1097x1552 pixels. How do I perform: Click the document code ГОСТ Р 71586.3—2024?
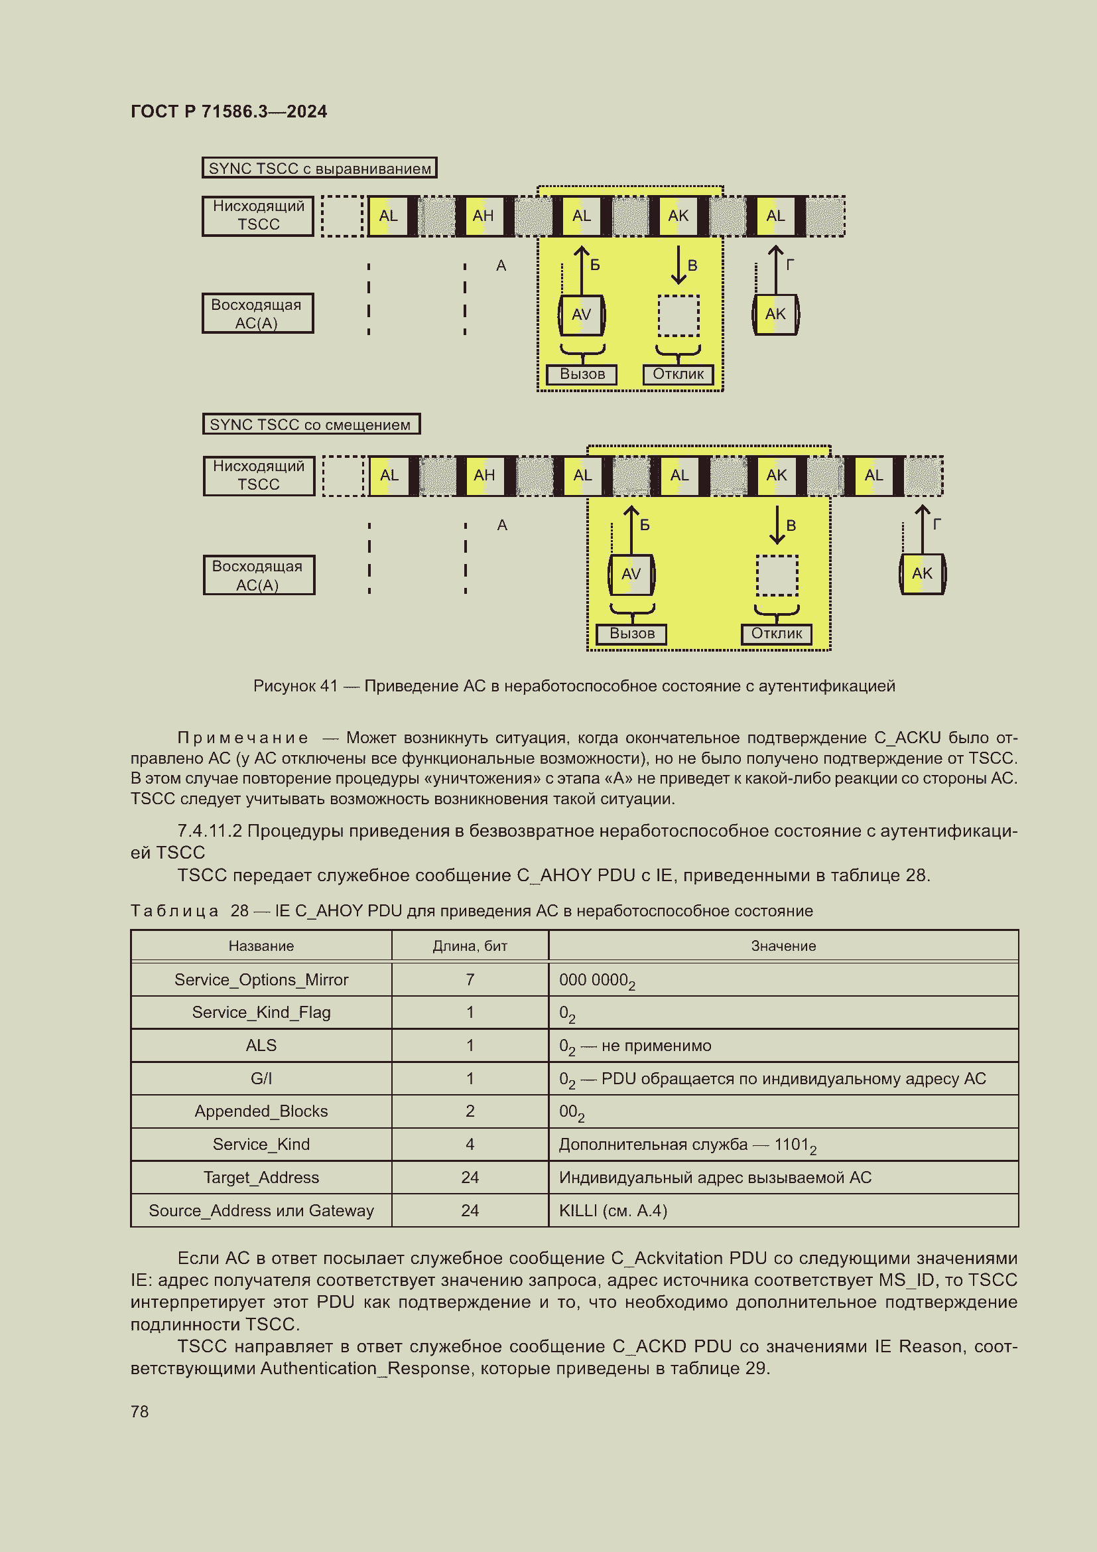228,111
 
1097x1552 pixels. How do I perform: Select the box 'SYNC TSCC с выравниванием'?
319,169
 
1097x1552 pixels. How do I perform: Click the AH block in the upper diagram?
483,216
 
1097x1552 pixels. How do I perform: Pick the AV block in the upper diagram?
581,315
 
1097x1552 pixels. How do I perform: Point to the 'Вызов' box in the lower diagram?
631,634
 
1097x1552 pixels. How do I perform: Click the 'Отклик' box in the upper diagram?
678,374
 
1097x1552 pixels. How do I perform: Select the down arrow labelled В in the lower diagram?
777,526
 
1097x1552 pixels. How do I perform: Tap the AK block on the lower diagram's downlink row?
777,475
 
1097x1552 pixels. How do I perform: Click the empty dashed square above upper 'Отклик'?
678,316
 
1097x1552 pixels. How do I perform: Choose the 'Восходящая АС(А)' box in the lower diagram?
258,575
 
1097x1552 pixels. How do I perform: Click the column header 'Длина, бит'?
470,946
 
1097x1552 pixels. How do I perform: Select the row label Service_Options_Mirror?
261,979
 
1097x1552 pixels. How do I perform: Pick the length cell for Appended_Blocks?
470,1111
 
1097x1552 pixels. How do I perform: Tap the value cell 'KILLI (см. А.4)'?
613,1211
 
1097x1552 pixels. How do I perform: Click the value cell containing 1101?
687,1145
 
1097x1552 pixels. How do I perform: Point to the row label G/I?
261,1078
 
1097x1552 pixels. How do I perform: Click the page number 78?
140,1411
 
